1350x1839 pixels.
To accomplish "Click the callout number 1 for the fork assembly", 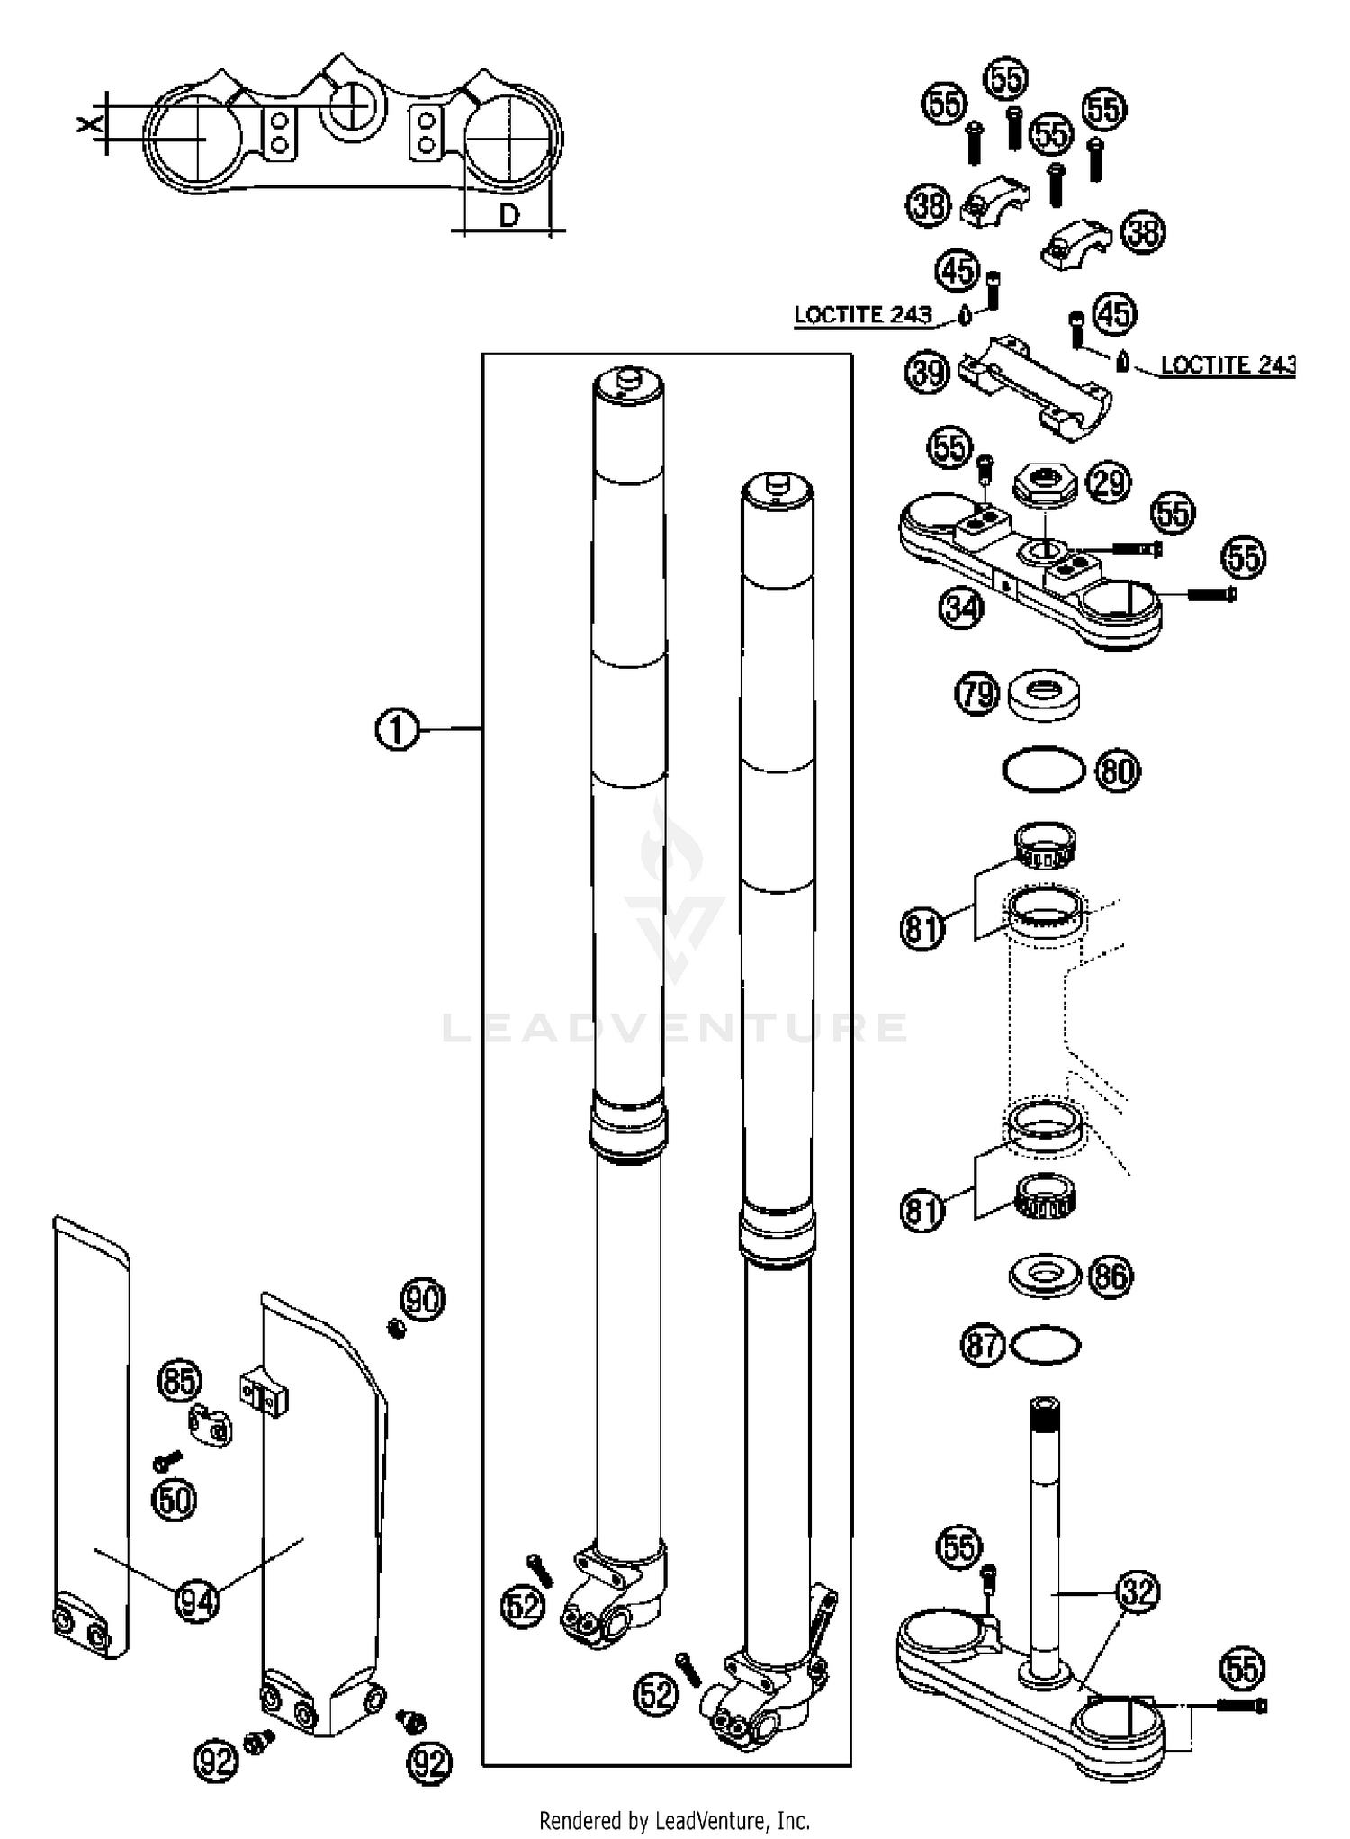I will (397, 728).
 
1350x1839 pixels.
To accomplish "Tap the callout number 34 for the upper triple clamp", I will (960, 608).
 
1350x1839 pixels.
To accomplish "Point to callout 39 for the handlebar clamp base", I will (928, 373).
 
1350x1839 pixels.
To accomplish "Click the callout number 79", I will (977, 694).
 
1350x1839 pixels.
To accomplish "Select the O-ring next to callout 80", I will (1043, 771).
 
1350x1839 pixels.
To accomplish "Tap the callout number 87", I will (982, 1346).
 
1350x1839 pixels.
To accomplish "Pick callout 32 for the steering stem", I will (1138, 1592).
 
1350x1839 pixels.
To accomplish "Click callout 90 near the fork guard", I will (423, 1300).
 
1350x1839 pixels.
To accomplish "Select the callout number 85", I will (180, 1380).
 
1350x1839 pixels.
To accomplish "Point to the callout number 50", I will (175, 1500).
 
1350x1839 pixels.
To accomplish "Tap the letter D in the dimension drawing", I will (509, 215).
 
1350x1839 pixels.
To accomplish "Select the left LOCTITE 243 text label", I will (862, 315).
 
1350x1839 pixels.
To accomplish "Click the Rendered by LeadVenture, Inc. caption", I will (674, 1821).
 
